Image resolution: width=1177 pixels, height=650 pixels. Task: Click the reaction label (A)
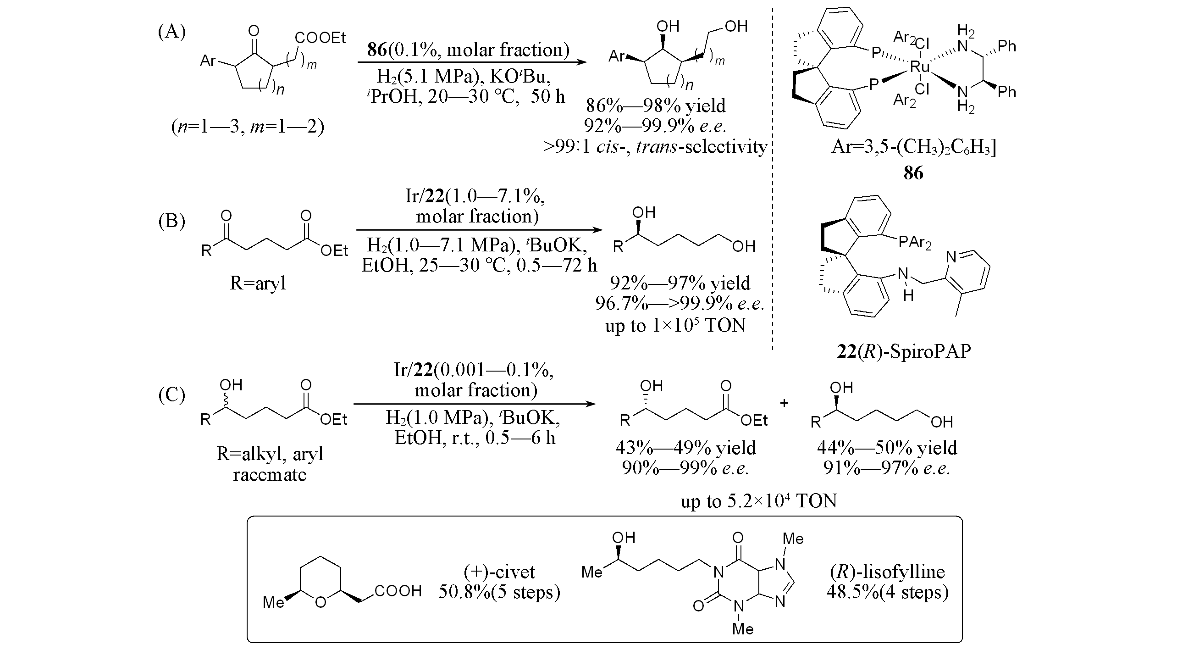[x=171, y=32]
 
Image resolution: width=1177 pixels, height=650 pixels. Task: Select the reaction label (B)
[x=171, y=221]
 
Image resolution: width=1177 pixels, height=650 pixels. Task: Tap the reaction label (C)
[x=171, y=395]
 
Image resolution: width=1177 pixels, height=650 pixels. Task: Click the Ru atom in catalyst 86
[x=919, y=67]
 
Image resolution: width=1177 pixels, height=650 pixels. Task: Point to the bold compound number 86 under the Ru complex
[x=913, y=173]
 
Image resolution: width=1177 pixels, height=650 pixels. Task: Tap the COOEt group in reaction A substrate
[x=320, y=38]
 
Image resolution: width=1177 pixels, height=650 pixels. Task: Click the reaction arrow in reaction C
[x=475, y=404]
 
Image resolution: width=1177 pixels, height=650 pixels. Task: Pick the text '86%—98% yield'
[x=656, y=106]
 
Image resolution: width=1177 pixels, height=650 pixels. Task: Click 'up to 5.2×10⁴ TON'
[x=758, y=501]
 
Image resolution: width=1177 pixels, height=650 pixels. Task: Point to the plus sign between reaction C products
[x=784, y=403]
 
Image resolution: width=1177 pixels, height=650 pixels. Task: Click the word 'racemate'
[x=270, y=474]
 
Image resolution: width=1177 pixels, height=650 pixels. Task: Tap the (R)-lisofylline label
[x=887, y=572]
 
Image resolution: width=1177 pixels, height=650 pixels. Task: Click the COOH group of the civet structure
[x=398, y=591]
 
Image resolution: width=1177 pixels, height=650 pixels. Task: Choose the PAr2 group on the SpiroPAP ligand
[x=915, y=242]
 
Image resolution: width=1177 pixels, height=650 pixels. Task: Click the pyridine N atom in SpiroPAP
[x=951, y=258]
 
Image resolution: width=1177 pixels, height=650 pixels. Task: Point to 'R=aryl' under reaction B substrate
[x=258, y=283]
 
